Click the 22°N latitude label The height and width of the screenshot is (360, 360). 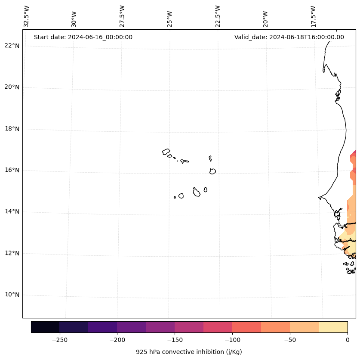tap(12, 46)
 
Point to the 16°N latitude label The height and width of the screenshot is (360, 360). tap(12, 170)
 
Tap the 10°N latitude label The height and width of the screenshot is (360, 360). tap(12, 295)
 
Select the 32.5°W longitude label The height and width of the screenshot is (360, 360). tap(27, 16)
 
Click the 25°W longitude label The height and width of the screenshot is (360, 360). tap(170, 19)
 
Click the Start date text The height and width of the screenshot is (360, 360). tap(83, 37)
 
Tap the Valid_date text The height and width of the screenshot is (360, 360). tap(289, 37)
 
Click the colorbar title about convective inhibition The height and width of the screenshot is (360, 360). tap(189, 352)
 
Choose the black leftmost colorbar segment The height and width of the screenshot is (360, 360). tap(45, 327)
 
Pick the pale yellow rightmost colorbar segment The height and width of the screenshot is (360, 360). tap(333, 327)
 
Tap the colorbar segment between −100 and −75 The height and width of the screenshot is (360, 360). tap(246, 327)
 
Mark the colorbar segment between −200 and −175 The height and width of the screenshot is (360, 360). tap(131, 327)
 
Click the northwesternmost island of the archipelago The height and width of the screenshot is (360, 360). tap(166, 152)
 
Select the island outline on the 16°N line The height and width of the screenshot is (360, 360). tap(212, 171)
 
